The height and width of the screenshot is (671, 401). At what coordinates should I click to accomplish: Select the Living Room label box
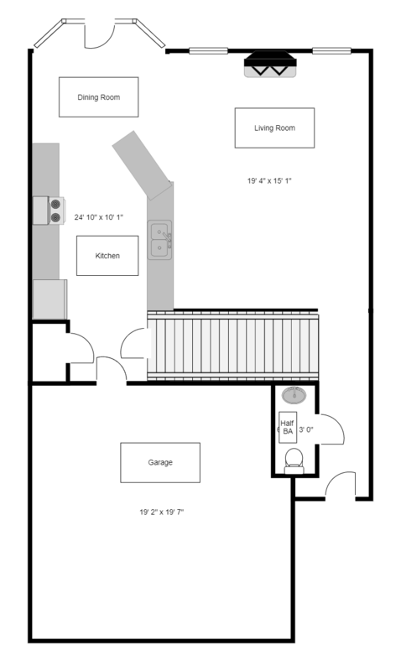274,127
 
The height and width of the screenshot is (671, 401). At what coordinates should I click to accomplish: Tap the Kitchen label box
107,255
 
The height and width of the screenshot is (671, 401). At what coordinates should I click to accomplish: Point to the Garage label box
159,462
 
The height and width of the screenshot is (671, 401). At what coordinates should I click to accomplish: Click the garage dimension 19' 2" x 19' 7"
162,512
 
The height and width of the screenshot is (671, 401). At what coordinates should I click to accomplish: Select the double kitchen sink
159,238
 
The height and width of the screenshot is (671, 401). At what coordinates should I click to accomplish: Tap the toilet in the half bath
294,459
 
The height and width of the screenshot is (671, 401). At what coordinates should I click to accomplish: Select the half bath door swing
331,429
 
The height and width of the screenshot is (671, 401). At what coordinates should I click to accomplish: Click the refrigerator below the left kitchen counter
49,299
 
